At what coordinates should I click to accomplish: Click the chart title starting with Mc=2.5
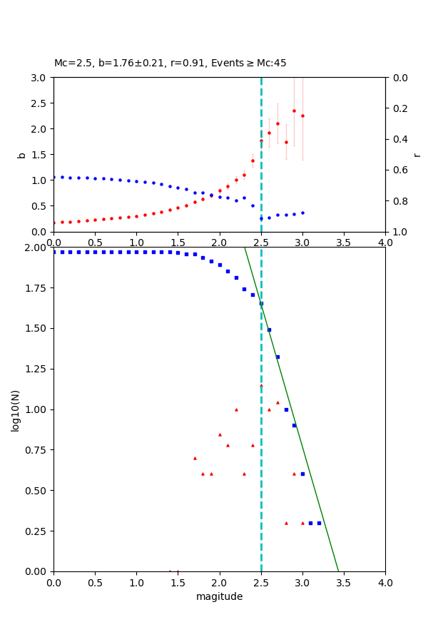click(170, 63)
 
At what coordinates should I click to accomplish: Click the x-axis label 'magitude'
click(219, 596)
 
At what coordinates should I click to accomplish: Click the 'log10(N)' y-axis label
click(15, 409)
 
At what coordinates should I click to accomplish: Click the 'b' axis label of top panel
click(21, 155)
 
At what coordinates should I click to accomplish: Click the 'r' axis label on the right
click(417, 155)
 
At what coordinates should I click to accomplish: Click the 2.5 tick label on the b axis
click(39, 103)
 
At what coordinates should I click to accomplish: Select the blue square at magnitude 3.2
click(319, 523)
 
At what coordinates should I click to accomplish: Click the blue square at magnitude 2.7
click(277, 357)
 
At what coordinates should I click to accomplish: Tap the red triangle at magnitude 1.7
click(195, 458)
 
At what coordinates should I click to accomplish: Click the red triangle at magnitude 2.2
click(236, 409)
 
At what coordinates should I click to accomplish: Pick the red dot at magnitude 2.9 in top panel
click(294, 111)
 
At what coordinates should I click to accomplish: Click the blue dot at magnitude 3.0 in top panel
click(302, 213)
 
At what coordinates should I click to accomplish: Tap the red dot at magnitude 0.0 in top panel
click(53, 223)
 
